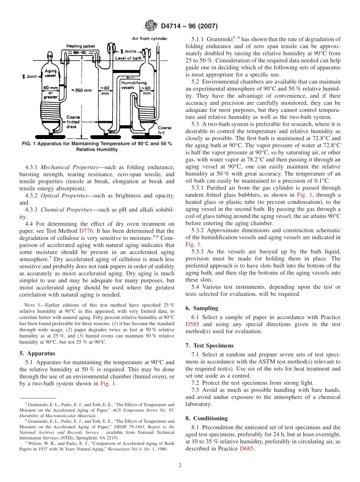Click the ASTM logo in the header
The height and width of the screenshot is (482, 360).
[150, 26]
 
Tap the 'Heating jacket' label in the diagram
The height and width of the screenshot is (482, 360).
[81, 46]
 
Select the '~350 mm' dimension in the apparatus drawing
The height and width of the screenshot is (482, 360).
[81, 90]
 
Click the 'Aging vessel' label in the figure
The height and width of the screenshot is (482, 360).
[50, 73]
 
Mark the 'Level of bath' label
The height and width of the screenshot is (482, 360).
[128, 58]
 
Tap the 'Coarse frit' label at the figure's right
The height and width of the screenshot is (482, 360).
[164, 130]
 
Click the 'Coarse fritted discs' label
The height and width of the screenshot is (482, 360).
[73, 122]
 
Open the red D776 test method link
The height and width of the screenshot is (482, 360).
[85, 231]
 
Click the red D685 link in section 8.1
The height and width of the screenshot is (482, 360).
[247, 449]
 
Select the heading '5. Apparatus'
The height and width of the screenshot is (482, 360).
[37, 353]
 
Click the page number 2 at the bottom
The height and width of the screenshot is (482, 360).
[180, 465]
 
